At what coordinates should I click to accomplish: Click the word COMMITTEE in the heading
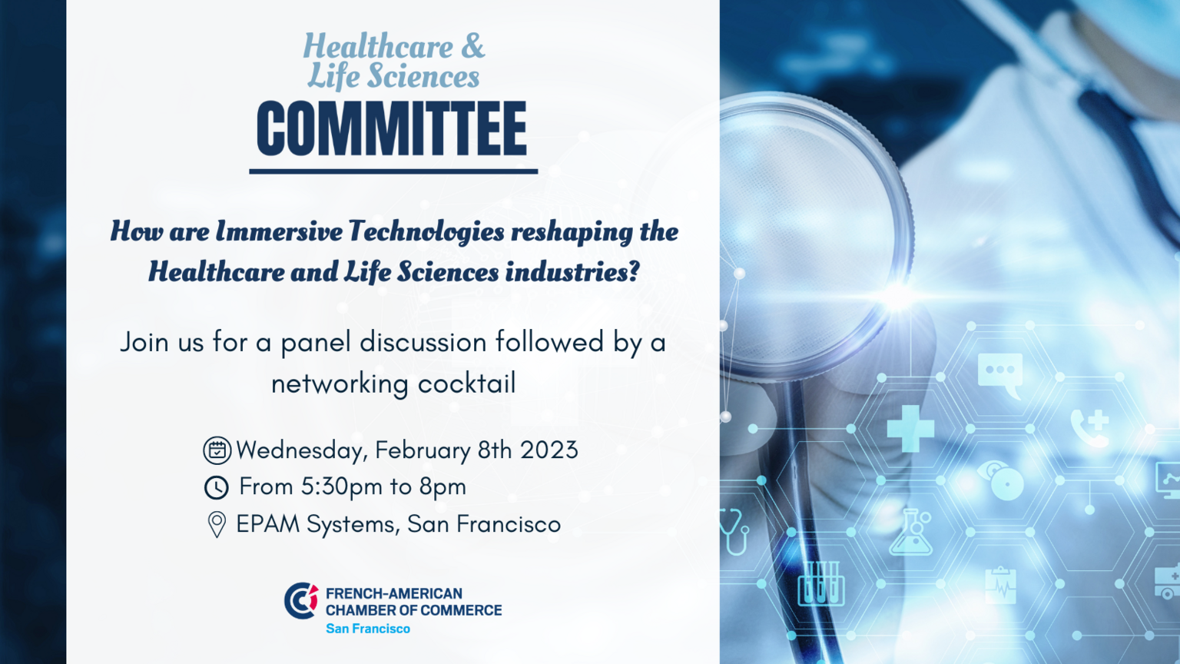tap(392, 128)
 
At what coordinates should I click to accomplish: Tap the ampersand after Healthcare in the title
tap(472, 46)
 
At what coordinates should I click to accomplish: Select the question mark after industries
tap(634, 271)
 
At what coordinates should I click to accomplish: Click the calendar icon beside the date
tap(217, 450)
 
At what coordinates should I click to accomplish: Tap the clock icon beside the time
tap(216, 487)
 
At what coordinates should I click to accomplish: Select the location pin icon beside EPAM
tap(217, 524)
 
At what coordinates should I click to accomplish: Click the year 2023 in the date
tap(549, 450)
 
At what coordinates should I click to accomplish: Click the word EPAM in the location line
tap(267, 524)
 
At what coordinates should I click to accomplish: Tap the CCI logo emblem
tap(301, 600)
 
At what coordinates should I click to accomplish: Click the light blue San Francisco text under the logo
tap(368, 628)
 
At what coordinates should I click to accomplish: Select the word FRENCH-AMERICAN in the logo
tap(393, 593)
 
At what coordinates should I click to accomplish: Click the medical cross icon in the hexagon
tap(910, 428)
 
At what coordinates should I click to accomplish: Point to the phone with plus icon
tap(1090, 428)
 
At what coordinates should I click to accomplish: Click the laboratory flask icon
tap(911, 533)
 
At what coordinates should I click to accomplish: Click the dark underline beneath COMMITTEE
tap(393, 171)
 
